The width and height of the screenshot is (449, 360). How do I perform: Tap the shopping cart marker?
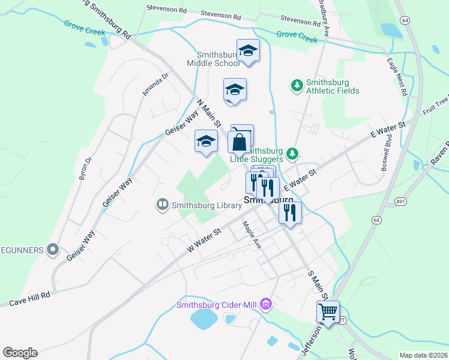328,312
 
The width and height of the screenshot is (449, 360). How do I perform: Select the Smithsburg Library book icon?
162,205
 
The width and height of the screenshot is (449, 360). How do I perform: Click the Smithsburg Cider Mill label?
217,305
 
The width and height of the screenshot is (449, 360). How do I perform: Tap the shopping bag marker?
239,144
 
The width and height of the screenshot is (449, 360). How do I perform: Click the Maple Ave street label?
252,235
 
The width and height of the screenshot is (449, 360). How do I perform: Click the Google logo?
20,353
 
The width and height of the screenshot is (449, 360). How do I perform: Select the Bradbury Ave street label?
324,18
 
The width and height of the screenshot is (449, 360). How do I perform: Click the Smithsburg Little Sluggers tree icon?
292,154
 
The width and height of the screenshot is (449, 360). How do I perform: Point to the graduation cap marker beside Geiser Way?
206,142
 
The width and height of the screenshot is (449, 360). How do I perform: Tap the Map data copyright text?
424,355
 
